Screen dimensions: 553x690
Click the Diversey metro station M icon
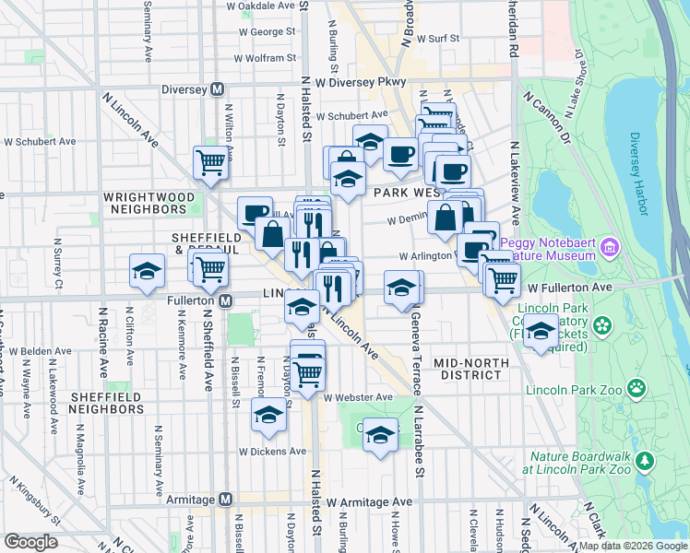[218, 89]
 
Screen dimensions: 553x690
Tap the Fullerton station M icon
[225, 301]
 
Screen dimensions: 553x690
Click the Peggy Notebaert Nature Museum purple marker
[608, 247]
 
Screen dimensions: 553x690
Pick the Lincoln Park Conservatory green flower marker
[603, 325]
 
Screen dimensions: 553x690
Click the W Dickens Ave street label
[272, 452]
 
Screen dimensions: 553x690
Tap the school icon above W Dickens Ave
[268, 417]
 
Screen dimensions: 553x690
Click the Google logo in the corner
[30, 542]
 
